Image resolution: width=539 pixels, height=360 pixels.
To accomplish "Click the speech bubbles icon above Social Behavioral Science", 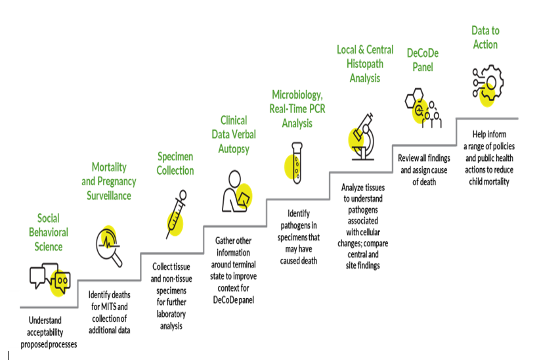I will coord(50,277).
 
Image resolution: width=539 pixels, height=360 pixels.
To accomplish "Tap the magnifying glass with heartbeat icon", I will coord(109,245).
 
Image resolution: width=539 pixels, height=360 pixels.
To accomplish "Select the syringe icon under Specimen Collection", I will coord(175,214).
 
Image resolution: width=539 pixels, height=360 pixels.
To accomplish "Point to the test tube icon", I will coord(297,162).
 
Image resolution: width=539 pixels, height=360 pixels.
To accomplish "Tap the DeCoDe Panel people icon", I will coord(423,109).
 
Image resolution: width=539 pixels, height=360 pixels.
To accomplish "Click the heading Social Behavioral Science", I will coord(49,232).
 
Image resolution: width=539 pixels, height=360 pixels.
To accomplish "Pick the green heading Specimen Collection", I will coord(175,164).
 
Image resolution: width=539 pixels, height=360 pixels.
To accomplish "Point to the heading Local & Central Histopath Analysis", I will coord(364,64).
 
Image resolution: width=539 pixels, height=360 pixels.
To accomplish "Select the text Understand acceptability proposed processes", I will coord(49,333).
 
